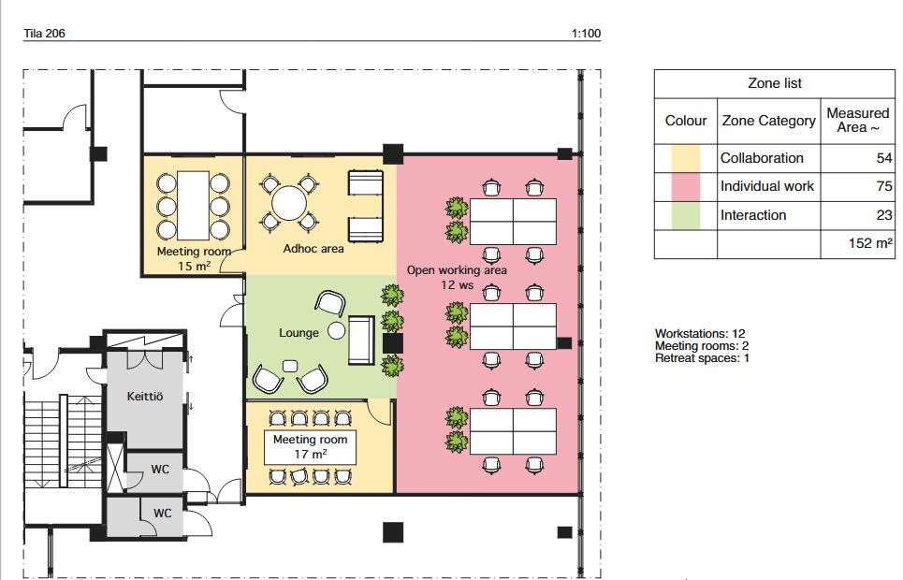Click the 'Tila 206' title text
[x=44, y=34]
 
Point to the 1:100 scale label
[x=586, y=34]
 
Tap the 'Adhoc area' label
[x=313, y=249]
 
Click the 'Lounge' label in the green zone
[x=299, y=333]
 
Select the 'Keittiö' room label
[x=144, y=397]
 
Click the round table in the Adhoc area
[x=290, y=203]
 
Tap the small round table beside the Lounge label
[x=336, y=330]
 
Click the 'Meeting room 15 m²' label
[x=194, y=258]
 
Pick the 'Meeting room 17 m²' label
[x=311, y=447]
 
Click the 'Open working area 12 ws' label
[x=457, y=277]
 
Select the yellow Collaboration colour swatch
[x=685, y=158]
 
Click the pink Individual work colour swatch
[x=685, y=186]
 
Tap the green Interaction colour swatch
[x=685, y=215]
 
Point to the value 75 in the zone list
[x=884, y=186]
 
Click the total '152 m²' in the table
[x=870, y=243]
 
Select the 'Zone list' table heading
[x=775, y=83]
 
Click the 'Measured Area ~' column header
[x=857, y=121]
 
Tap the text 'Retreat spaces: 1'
[x=702, y=358]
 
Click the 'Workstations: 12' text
[x=700, y=333]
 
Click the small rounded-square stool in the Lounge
[x=290, y=367]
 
